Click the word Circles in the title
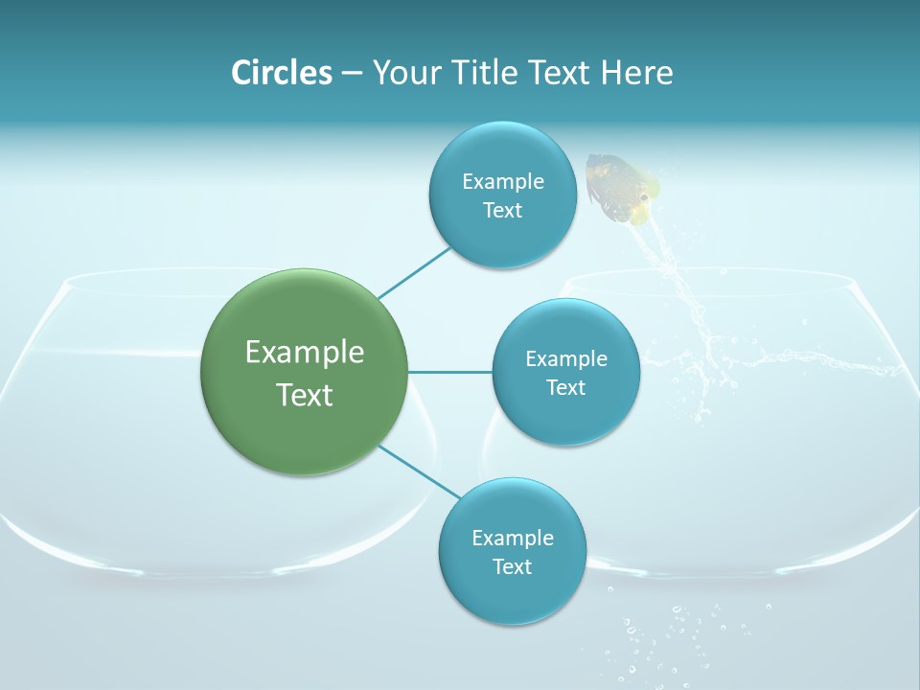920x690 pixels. [x=282, y=73]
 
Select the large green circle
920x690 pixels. [x=305, y=372]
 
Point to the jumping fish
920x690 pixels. [x=624, y=188]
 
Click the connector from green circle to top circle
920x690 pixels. [x=414, y=272]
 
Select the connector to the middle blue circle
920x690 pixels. [x=450, y=372]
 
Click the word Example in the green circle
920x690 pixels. [x=305, y=353]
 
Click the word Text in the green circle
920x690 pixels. [x=305, y=395]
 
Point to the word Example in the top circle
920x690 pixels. [x=502, y=182]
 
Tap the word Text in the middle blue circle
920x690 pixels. [x=565, y=387]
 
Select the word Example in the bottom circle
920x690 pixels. [x=512, y=539]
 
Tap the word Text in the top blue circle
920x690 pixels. [x=502, y=211]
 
